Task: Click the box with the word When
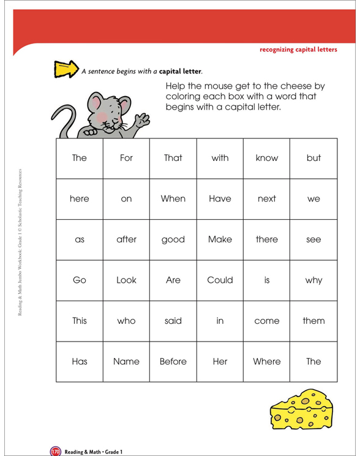173,198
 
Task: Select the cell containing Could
220,280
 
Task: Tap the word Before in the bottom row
173,361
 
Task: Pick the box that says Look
126,280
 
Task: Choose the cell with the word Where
266,361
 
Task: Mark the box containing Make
220,239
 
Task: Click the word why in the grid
313,280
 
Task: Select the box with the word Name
126,361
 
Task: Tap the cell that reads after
126,239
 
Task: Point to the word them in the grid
313,320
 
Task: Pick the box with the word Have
220,198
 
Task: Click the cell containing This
80,320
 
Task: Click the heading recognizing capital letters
298,50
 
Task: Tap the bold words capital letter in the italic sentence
180,71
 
